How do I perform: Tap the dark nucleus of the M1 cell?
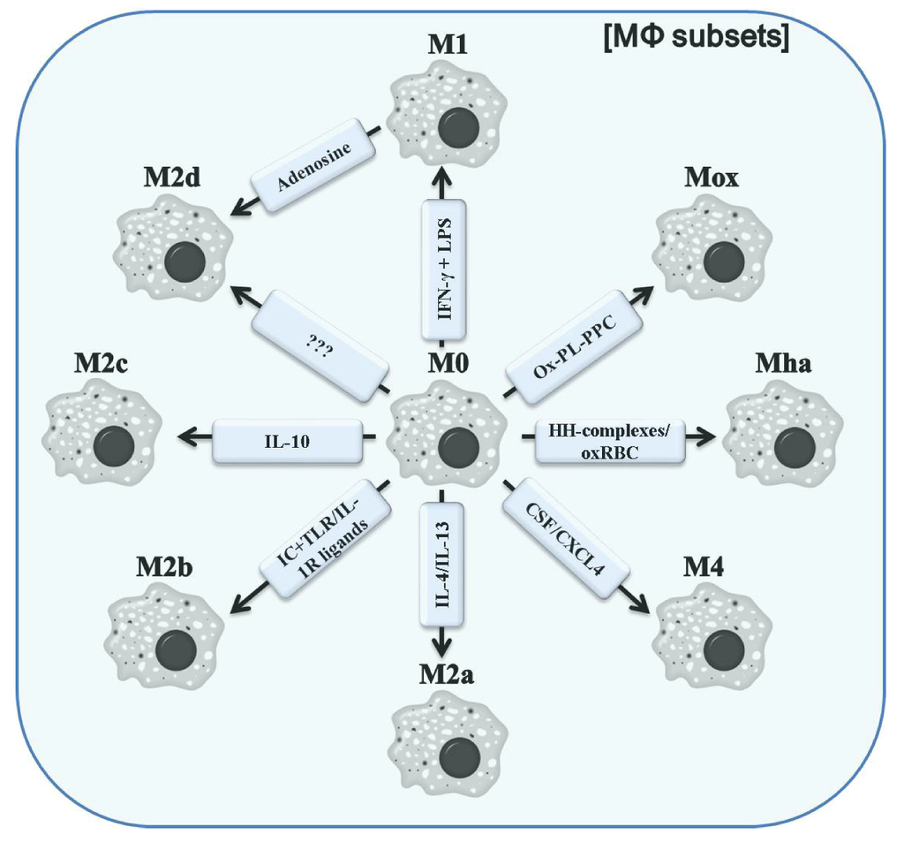(x=458, y=128)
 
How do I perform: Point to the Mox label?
(x=712, y=179)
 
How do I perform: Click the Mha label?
(x=781, y=365)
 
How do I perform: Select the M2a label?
(x=448, y=676)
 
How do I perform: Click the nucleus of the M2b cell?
(x=175, y=650)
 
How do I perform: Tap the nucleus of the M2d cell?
(x=185, y=263)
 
